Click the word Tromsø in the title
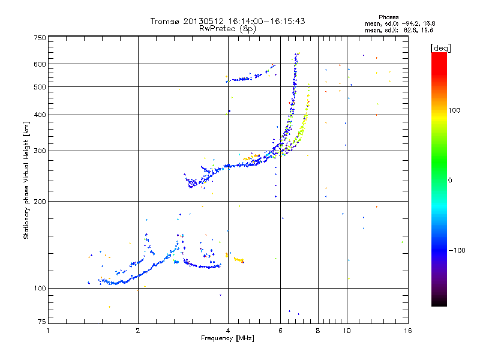164,21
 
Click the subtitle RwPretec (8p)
227,29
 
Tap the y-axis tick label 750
40,38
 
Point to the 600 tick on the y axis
40,64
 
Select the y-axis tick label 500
40,87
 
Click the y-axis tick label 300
40,151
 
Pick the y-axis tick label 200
40,202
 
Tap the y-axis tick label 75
42,322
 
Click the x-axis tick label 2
138,331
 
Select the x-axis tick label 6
280,331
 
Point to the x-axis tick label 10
347,331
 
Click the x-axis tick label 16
408,331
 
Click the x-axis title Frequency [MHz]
227,338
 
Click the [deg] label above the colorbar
440,48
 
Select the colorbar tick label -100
457,250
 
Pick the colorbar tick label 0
450,181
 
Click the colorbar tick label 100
454,110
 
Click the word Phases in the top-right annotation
388,17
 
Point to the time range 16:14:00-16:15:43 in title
266,21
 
